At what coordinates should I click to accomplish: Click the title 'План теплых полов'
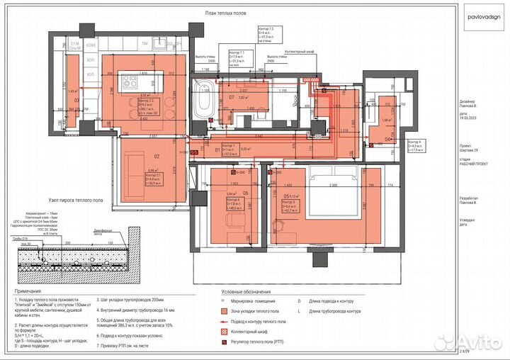(226, 13)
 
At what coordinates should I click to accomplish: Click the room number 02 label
(157, 157)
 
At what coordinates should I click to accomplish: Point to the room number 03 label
(76, 100)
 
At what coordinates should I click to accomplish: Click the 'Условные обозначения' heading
(246, 291)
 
